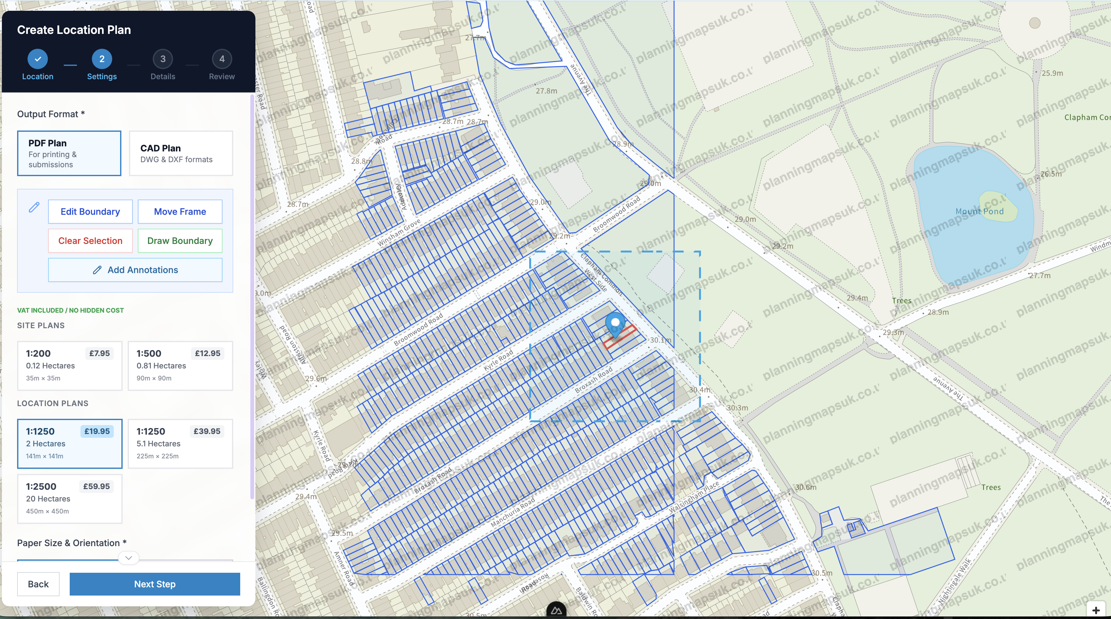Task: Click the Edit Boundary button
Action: (x=90, y=212)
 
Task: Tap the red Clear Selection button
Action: (x=90, y=240)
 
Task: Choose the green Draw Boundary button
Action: (x=180, y=240)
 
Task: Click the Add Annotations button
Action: (x=135, y=270)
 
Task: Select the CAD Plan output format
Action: (x=181, y=153)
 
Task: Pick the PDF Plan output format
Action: (x=69, y=153)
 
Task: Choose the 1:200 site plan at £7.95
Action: (x=69, y=366)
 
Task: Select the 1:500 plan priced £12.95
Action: (x=180, y=366)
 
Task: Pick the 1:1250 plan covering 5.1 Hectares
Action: (x=180, y=444)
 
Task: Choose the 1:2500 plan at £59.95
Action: (x=69, y=499)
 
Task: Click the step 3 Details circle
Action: (x=163, y=59)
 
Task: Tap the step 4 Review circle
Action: (x=222, y=59)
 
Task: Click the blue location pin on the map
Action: (x=615, y=323)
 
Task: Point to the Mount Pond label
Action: (x=979, y=212)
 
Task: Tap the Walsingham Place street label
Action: (x=694, y=497)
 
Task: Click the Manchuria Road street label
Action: (x=512, y=513)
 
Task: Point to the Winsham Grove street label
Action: (x=399, y=233)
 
